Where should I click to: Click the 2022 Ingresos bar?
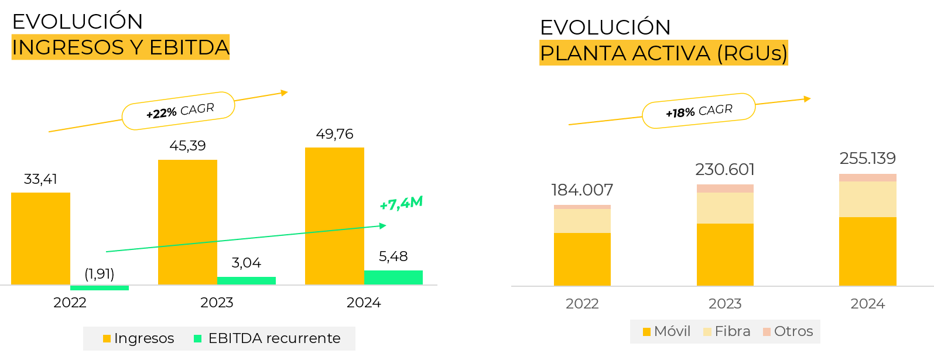[x=40, y=239]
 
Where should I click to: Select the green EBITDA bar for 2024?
[x=393, y=277]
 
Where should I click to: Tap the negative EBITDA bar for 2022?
[x=99, y=288]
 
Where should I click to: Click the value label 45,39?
[x=187, y=146]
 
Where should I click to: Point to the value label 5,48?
[x=393, y=256]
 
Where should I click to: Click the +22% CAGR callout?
[x=179, y=111]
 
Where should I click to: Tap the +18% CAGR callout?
[x=699, y=111]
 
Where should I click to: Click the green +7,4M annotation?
[x=401, y=203]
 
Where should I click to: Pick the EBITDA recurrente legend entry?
[x=267, y=338]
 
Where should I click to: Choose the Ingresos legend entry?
[x=138, y=338]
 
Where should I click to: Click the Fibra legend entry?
[x=727, y=331]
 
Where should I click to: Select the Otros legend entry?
[x=788, y=331]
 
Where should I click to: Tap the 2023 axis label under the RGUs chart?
[x=725, y=304]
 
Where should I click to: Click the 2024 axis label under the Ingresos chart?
[x=364, y=303]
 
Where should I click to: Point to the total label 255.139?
[x=868, y=158]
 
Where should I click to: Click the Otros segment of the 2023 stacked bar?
[x=725, y=188]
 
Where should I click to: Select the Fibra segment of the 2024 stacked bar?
[x=868, y=199]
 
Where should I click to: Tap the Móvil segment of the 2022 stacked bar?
[x=582, y=259]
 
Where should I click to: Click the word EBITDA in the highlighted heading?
[x=189, y=47]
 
